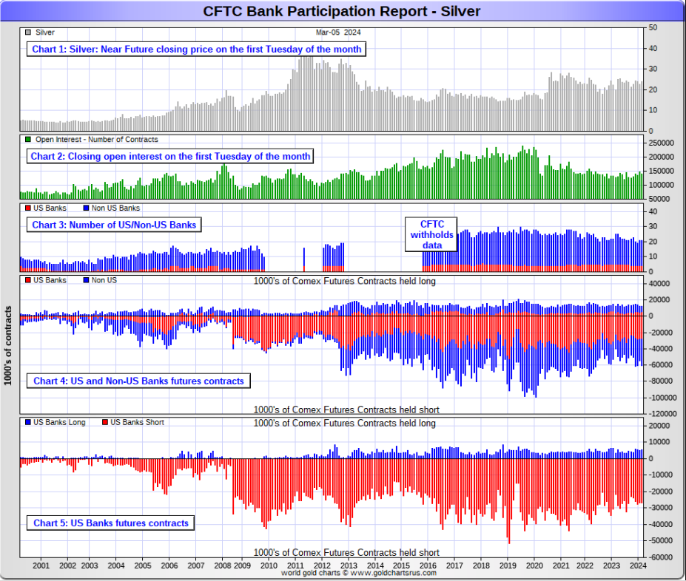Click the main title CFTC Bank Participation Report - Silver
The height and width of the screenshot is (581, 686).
point(342,10)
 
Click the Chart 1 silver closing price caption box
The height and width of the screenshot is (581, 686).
point(197,49)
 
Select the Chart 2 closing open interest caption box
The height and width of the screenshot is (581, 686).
point(170,156)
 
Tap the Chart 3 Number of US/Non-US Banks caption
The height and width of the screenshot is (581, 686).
point(114,224)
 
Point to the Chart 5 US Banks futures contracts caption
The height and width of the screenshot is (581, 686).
point(110,523)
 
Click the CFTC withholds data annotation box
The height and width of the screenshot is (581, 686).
point(431,234)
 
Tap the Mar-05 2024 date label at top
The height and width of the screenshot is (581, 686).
point(337,33)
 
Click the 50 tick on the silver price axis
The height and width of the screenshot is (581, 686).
point(652,27)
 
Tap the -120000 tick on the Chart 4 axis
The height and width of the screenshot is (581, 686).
point(662,413)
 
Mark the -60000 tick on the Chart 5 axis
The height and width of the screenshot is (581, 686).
point(660,557)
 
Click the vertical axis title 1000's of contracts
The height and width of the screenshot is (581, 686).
point(8,346)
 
